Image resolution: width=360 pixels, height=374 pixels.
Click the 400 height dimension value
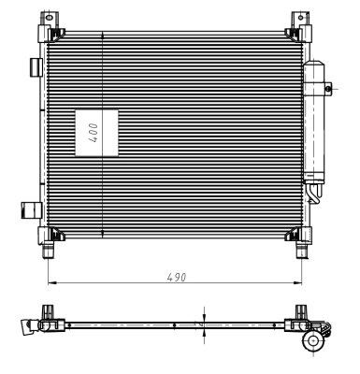click(94, 132)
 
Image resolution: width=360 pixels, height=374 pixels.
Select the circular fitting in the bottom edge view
click(311, 343)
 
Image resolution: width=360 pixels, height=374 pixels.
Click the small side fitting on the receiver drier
click(329, 88)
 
